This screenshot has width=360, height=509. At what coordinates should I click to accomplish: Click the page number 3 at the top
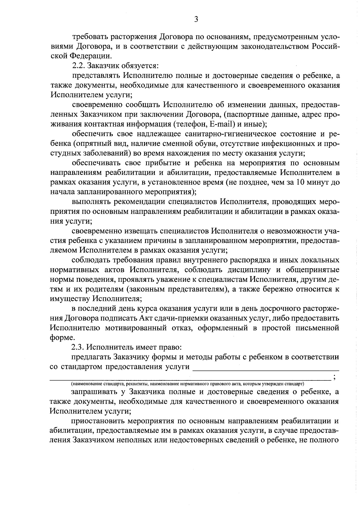point(196,19)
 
